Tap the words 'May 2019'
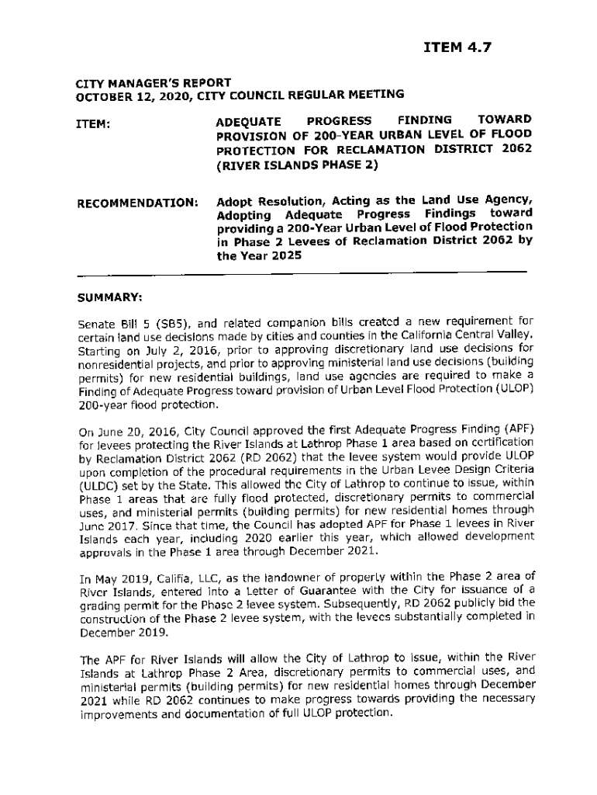(119, 578)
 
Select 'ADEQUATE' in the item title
(249, 120)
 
